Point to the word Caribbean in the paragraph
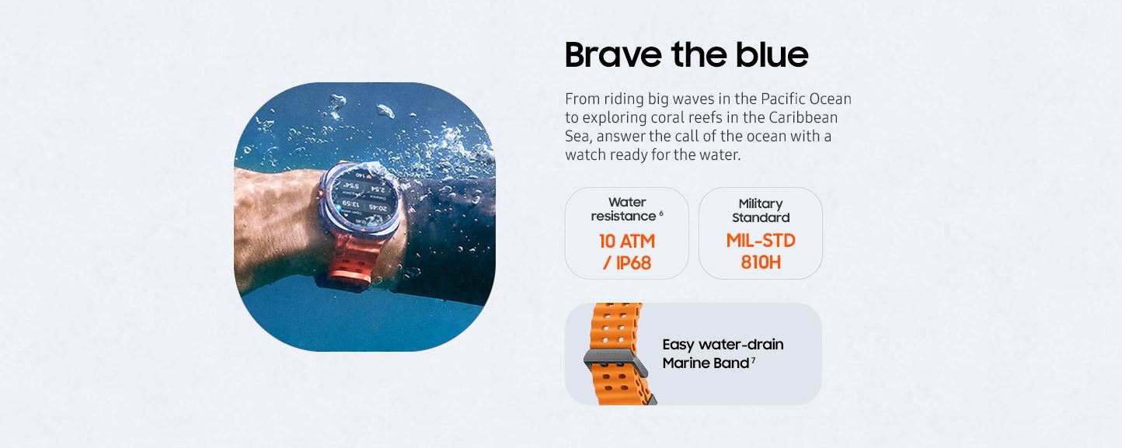coord(803,117)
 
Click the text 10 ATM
coord(626,241)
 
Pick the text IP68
coord(632,263)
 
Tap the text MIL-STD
coord(761,241)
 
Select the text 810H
coord(761,262)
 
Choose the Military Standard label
coord(761,210)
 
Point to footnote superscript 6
coord(661,213)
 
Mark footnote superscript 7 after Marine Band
coord(753,360)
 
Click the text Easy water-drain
coord(723,344)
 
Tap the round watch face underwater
coord(361,201)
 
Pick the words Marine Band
coord(705,363)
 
